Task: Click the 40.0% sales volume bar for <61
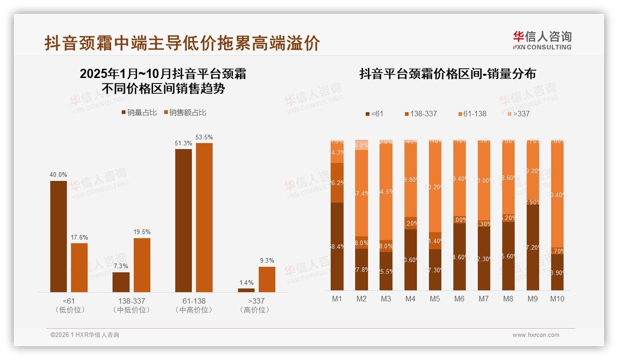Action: tap(59, 236)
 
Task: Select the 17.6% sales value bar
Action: tap(79, 268)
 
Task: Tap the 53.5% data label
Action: tap(204, 138)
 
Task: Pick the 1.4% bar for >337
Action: tap(246, 290)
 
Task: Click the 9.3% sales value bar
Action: tap(267, 279)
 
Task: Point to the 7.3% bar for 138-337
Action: tap(121, 282)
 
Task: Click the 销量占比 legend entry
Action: tap(139, 113)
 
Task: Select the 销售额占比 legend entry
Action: tap(185, 113)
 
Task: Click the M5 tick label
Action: tap(435, 299)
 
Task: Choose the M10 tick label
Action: tap(557, 299)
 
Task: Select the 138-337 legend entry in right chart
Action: tap(420, 114)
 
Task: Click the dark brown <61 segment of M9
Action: tap(533, 247)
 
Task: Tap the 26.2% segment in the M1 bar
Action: tap(337, 183)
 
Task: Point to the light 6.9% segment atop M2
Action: tap(362, 145)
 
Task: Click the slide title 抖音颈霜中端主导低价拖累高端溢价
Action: tap(182, 43)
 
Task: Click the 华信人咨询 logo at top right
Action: tap(542, 40)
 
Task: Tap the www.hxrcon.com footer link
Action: tap(536, 335)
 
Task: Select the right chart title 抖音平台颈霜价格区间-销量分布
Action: tap(447, 74)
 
